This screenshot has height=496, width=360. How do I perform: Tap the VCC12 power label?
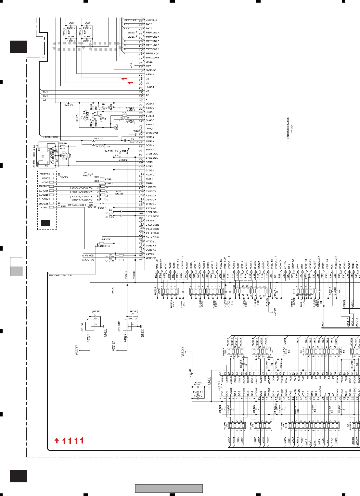[114, 346]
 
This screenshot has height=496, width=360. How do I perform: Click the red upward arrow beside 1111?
[57, 440]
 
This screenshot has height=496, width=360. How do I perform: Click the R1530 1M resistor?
[66, 155]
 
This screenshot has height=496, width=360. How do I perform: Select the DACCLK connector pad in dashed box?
[51, 174]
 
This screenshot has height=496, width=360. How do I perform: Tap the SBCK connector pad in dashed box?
[51, 207]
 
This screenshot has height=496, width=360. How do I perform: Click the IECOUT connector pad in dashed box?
[51, 203]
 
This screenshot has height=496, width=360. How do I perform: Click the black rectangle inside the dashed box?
[45, 223]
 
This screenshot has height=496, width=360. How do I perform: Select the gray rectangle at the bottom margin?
[169, 488]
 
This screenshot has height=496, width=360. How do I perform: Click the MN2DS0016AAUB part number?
[288, 129]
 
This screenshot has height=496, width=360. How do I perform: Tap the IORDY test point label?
[275, 312]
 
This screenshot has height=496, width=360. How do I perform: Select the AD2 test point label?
[132, 65]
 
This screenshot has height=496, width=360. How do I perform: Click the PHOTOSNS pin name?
[152, 58]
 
